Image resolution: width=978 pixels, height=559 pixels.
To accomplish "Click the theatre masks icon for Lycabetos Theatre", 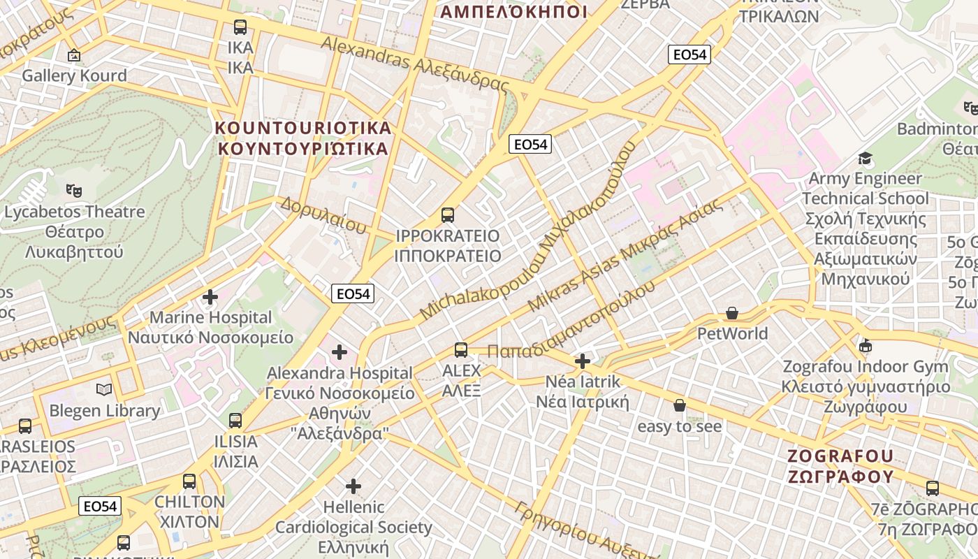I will coord(73,189).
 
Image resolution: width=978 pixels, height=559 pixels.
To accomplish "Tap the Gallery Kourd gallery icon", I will coord(74,55).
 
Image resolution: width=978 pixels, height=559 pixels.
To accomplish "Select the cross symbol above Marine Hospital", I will coord(210,297).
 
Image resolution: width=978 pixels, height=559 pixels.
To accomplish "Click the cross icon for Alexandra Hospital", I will coord(340,351).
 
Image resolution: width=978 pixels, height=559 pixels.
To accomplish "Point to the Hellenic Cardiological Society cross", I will coord(353,486).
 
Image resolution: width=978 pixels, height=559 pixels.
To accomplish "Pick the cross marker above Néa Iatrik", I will coord(582,361).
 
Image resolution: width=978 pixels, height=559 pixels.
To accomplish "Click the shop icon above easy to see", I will coord(679,405).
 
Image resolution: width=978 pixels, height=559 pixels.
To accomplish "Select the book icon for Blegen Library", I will coord(104,389).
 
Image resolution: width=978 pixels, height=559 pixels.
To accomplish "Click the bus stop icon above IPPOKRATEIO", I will coord(448,215).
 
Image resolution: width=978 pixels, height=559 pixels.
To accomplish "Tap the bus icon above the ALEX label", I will coord(461,349).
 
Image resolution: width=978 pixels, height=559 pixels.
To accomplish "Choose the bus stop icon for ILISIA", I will coord(235,420).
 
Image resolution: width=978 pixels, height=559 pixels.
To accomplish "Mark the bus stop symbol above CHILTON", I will coord(189,481).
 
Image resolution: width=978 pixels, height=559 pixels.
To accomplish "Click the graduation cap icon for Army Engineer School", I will coord(866,158).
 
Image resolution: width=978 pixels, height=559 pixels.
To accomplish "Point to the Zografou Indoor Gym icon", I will coord(866,345).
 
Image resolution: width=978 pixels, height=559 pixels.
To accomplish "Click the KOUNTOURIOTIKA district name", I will coord(303,138).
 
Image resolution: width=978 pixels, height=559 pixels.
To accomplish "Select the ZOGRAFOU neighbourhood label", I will coord(840,466).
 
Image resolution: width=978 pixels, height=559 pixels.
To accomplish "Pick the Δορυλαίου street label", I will coord(323,215).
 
